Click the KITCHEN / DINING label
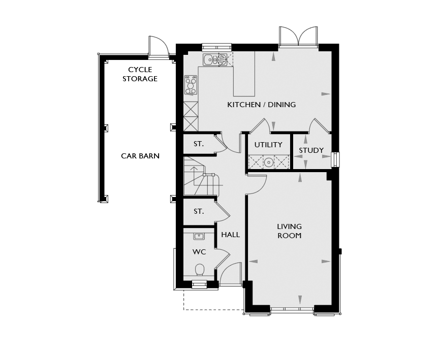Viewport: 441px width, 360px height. [x=262, y=105]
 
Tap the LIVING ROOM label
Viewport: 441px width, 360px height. [x=290, y=231]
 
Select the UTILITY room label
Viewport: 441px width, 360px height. [x=268, y=145]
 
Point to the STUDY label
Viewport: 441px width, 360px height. [x=311, y=150]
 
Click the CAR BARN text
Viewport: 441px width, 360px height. [x=140, y=156]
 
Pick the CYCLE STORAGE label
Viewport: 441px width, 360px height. [x=140, y=74]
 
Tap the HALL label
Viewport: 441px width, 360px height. [x=230, y=235]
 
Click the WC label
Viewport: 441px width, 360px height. [x=199, y=252]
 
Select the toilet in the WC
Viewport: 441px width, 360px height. [x=200, y=270]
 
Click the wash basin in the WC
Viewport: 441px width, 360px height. [x=199, y=236]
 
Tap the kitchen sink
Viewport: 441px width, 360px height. [x=215, y=59]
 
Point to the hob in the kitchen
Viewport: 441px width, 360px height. [x=191, y=85]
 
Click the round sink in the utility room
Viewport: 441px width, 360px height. [x=269, y=162]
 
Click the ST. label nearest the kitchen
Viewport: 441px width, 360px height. [x=199, y=144]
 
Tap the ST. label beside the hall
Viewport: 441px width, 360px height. [x=199, y=211]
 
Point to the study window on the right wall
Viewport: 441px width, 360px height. [x=335, y=159]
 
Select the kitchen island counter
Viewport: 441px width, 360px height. [x=244, y=74]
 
